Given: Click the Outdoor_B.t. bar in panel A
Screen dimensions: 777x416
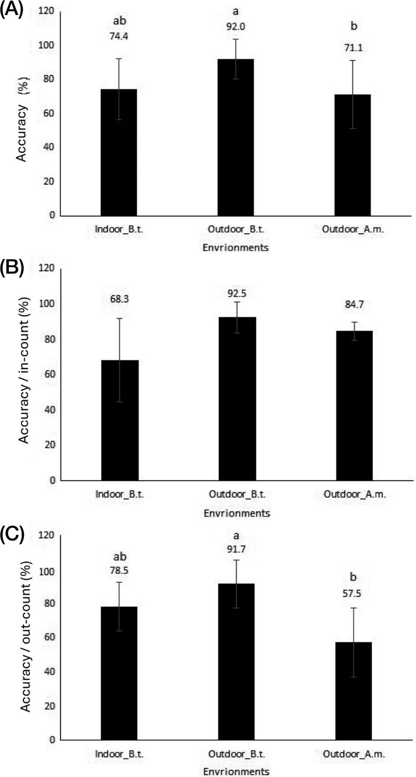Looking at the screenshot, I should click(236, 137).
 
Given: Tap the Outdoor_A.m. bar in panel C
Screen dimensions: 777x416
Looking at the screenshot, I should click(354, 691).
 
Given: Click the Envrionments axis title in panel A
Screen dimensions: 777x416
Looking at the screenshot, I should click(236, 248).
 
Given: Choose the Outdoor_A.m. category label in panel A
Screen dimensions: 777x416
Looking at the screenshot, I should click(354, 230).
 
